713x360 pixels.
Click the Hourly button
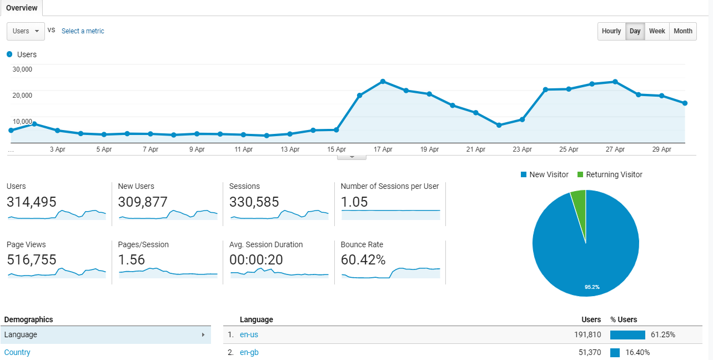pyautogui.click(x=611, y=31)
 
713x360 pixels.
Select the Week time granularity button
pyautogui.click(x=657, y=31)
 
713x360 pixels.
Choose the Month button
pyautogui.click(x=682, y=31)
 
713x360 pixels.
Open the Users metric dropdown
pyautogui.click(x=26, y=31)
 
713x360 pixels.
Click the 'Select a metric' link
pyautogui.click(x=83, y=31)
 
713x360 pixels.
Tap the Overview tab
pyautogui.click(x=22, y=8)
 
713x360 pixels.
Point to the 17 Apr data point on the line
pyautogui.click(x=383, y=82)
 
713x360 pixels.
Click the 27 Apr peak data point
pyautogui.click(x=615, y=82)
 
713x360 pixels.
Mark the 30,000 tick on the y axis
pyautogui.click(x=22, y=69)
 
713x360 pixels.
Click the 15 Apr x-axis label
pyautogui.click(x=337, y=149)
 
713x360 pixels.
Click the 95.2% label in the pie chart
pyautogui.click(x=592, y=287)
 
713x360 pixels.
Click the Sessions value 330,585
pyautogui.click(x=254, y=202)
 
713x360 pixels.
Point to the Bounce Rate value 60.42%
pyautogui.click(x=363, y=259)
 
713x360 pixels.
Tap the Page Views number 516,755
pyautogui.click(x=32, y=259)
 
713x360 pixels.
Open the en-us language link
pyautogui.click(x=249, y=334)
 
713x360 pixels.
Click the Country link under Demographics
pyautogui.click(x=17, y=352)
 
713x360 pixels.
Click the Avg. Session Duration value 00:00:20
pyautogui.click(x=255, y=259)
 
